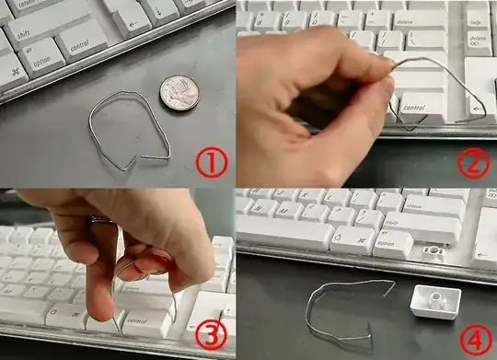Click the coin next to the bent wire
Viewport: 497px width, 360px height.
click(179, 92)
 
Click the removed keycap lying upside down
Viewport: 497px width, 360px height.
click(432, 300)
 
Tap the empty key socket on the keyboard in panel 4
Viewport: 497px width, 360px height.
click(433, 250)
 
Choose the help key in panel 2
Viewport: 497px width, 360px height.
click(477, 19)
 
